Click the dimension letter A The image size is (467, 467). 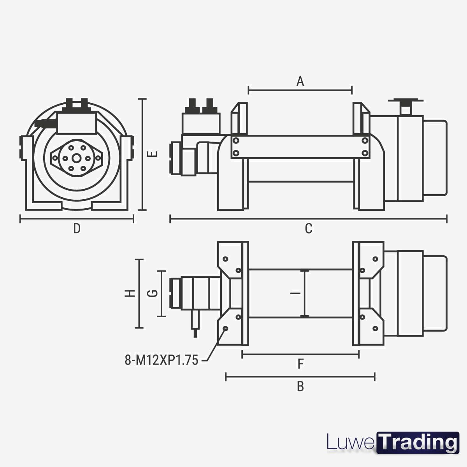pos(300,81)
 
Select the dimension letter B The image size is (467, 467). pos(300,386)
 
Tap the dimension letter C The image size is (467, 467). pos(309,228)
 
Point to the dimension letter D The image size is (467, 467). pos(77,228)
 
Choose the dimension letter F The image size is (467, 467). pos(300,364)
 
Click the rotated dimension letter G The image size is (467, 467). pos(153,293)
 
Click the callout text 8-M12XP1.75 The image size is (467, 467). pos(162,360)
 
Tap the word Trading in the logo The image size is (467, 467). pos(418,442)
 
